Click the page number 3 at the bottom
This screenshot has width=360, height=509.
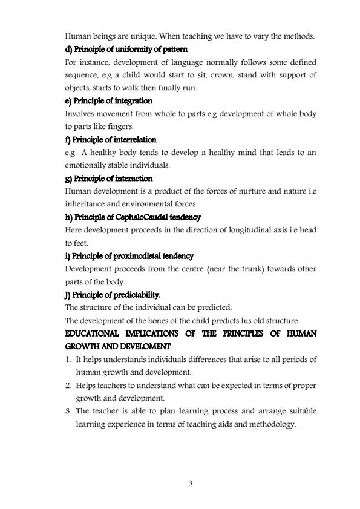point(191,483)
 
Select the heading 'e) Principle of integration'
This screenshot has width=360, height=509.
point(108,101)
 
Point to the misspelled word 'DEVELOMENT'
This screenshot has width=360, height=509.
point(141,347)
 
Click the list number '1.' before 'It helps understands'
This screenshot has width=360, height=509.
point(68,360)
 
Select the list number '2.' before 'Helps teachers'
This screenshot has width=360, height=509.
point(68,386)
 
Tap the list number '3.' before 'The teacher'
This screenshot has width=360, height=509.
point(68,412)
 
